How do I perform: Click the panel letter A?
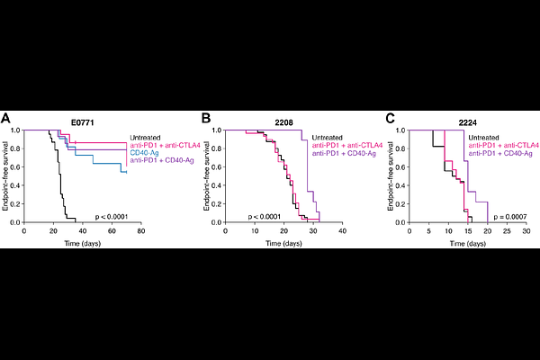pyautogui.click(x=7, y=118)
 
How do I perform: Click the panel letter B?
pyautogui.click(x=205, y=118)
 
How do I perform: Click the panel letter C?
pyautogui.click(x=389, y=118)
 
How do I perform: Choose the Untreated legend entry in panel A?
pyautogui.click(x=147, y=137)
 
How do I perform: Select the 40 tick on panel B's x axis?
pyautogui.click(x=342, y=230)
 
